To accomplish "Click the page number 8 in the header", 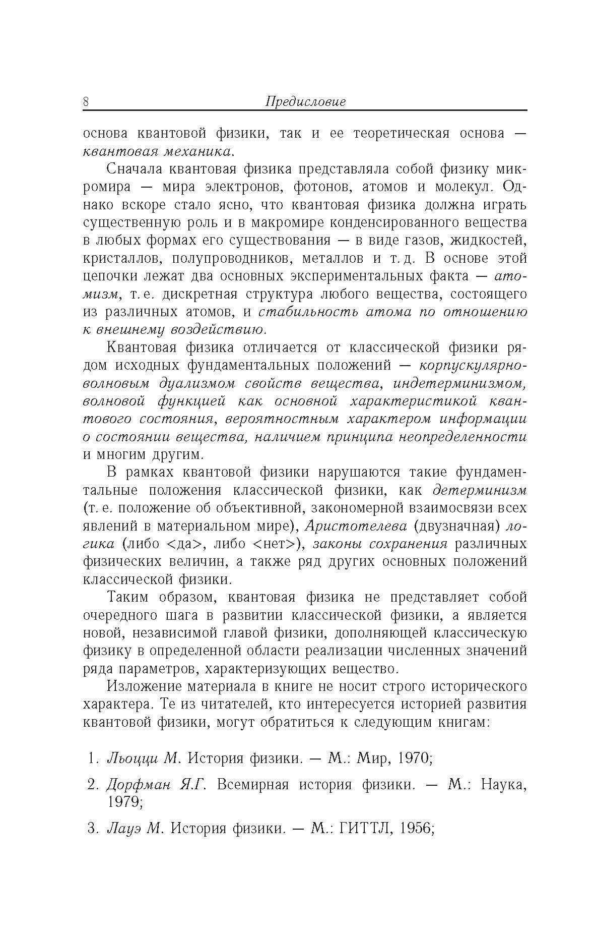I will [86, 101].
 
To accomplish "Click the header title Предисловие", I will [305, 102].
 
